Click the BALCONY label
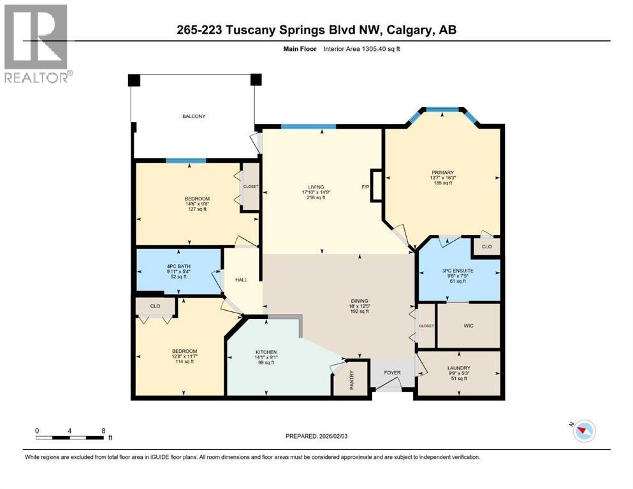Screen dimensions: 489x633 point(194,117)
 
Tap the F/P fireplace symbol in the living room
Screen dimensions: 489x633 point(375,187)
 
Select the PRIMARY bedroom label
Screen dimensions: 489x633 point(442,173)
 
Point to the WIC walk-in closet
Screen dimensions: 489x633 point(468,325)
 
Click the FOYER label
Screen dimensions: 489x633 point(391,373)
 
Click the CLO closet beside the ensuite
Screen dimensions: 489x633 point(486,246)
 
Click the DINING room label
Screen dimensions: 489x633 point(359,301)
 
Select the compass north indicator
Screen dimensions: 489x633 point(583,431)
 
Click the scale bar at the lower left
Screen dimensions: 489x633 point(69,437)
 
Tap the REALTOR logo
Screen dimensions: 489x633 point(37,44)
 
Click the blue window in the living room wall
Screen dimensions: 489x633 point(309,127)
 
